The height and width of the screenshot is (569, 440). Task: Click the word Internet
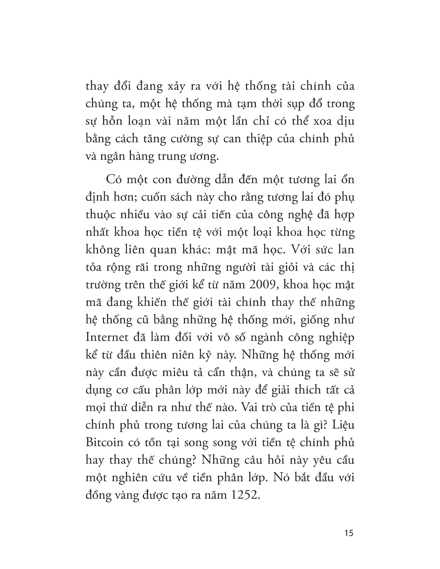(107, 337)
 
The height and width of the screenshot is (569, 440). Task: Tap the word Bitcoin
(104, 442)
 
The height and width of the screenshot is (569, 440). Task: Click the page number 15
(349, 533)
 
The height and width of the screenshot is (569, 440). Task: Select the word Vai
(251, 407)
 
